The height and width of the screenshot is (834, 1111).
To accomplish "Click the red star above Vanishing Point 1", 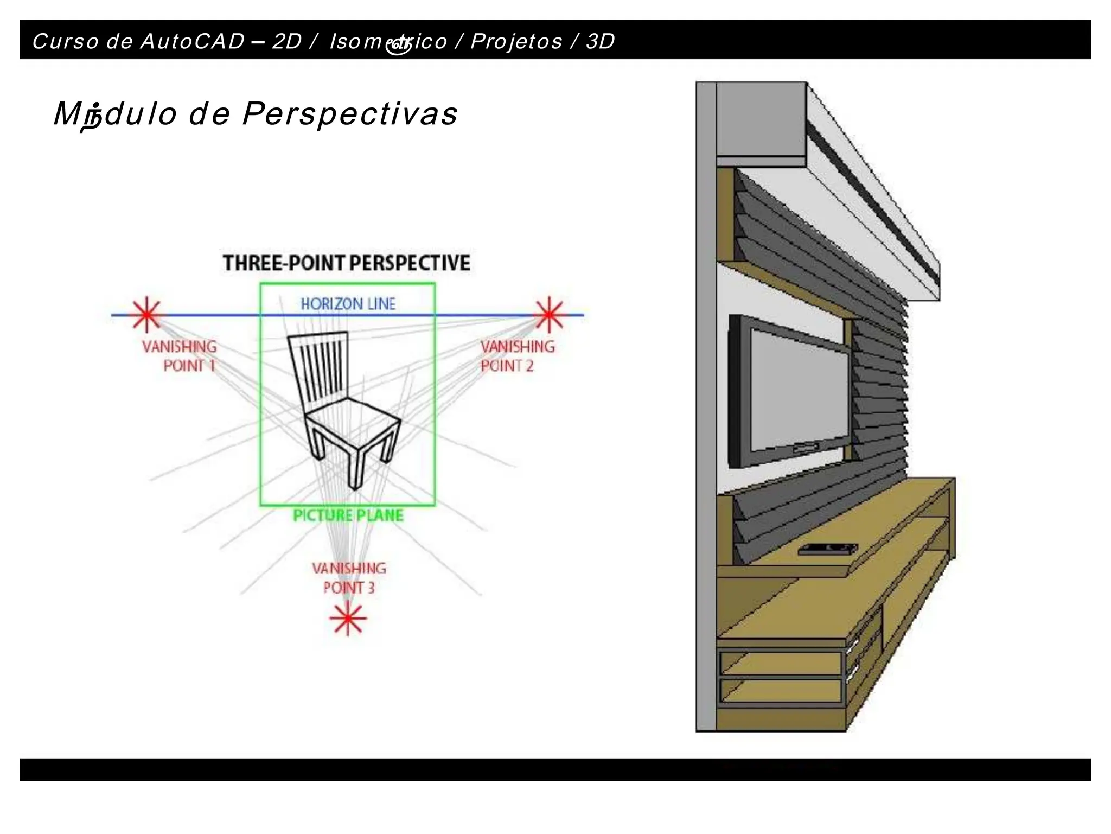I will [146, 315].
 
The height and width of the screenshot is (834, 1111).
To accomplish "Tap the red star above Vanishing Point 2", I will [549, 314].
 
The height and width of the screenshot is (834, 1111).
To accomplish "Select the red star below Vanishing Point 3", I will [348, 618].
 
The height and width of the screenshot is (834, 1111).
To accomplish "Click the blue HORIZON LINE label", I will [348, 304].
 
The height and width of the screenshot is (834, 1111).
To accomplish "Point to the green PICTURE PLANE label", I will [348, 515].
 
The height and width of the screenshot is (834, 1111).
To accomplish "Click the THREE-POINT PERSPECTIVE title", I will [346, 263].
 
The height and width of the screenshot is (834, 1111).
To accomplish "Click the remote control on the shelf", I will [827, 549].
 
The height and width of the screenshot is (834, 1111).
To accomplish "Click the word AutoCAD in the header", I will [192, 41].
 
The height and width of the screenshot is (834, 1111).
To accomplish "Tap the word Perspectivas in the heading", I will [350, 114].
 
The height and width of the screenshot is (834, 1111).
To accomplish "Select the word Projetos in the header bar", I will [516, 41].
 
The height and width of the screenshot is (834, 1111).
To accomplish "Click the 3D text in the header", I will [600, 41].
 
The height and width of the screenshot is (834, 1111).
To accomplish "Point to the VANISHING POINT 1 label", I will [180, 356].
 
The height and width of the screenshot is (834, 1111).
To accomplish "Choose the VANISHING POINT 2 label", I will [518, 356].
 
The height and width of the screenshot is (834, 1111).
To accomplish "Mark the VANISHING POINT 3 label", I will [349, 577].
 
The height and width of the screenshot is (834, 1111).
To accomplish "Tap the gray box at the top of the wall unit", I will [760, 119].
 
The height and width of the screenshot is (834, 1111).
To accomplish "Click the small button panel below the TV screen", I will [806, 448].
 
